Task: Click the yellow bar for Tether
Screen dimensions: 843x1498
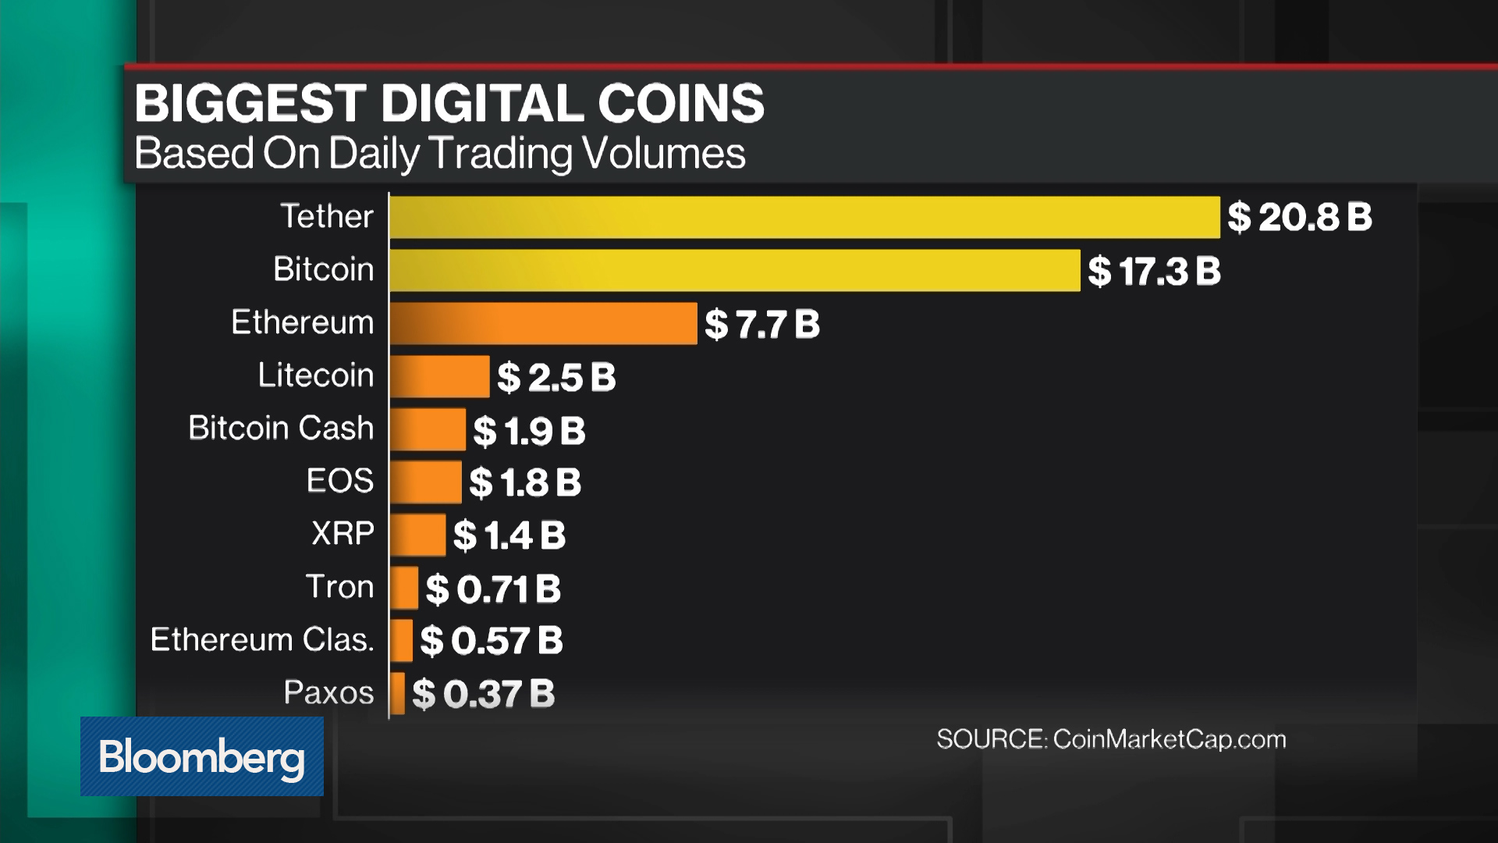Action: (x=804, y=217)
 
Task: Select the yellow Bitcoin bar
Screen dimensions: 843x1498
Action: (x=733, y=270)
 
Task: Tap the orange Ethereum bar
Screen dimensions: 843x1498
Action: (x=543, y=323)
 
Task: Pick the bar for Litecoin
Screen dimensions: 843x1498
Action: (x=439, y=376)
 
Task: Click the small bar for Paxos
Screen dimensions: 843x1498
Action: (x=397, y=693)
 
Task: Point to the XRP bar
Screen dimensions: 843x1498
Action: (x=417, y=535)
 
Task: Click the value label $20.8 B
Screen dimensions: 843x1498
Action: (x=1299, y=217)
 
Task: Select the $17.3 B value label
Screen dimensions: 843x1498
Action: (x=1154, y=271)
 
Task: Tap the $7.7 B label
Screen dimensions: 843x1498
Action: (x=762, y=324)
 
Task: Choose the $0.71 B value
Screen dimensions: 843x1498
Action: (x=493, y=589)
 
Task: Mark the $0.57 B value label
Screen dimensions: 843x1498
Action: (x=492, y=641)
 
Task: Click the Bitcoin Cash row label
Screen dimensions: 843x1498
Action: (x=281, y=428)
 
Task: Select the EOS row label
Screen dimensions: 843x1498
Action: (x=339, y=481)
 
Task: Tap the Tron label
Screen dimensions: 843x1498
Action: (x=339, y=586)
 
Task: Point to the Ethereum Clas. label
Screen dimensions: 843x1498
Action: (x=262, y=639)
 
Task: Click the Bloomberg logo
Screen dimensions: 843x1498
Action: (x=201, y=756)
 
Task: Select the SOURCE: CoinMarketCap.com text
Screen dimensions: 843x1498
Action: (x=1111, y=739)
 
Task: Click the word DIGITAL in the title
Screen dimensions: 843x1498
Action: (x=482, y=103)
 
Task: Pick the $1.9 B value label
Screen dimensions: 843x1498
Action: (x=529, y=430)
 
